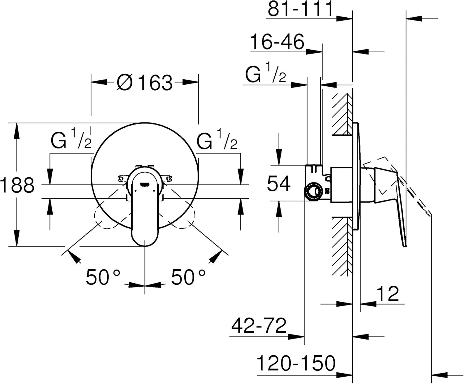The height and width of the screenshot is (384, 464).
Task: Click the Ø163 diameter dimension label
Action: tap(144, 82)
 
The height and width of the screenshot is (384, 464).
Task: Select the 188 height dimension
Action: tap(17, 185)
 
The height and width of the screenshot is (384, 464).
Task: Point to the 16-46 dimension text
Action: tap(277, 41)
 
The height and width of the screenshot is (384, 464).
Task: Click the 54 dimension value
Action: tap(279, 183)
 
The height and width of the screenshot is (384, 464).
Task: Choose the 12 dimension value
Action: tap(388, 293)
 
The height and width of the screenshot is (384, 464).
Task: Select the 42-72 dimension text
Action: tap(259, 326)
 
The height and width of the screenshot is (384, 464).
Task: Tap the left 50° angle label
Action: tap(103, 277)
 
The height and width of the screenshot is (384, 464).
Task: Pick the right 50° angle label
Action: tap(188, 277)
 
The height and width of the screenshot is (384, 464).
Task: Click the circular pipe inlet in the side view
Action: tap(313, 191)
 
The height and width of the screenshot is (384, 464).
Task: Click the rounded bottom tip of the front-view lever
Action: tap(145, 246)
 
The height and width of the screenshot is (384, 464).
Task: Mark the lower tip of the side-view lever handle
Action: tap(405, 245)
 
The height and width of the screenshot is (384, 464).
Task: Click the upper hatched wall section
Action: tap(342, 114)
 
